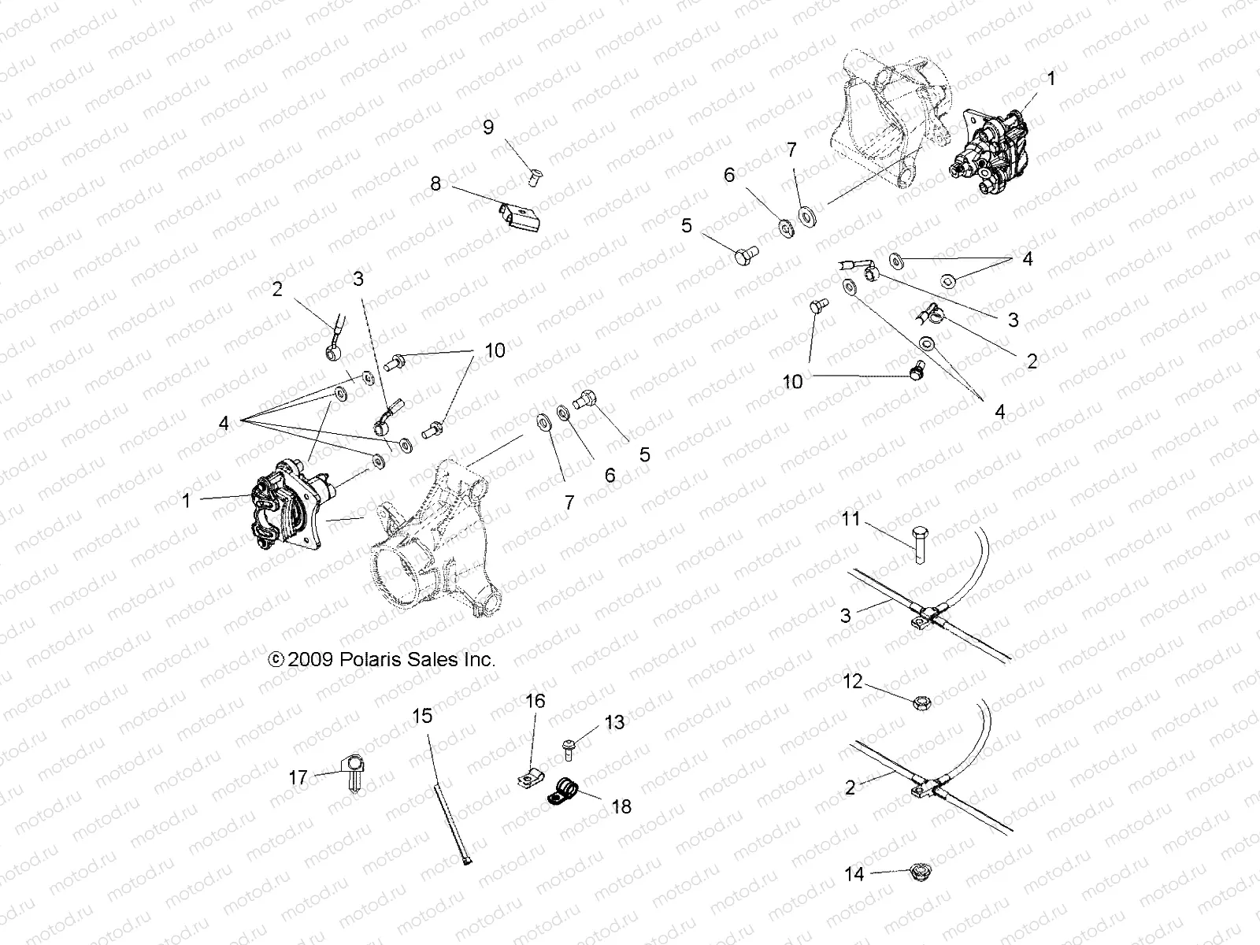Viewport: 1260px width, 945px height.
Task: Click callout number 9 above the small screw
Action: pos(488,127)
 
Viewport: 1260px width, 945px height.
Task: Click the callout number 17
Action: pos(298,778)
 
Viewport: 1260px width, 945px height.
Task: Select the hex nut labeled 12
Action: pos(918,702)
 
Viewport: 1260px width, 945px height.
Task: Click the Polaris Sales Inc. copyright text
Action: pos(382,660)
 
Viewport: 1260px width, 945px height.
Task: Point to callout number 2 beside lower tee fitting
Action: pos(850,787)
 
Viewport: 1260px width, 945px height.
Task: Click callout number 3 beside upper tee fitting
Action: pos(846,615)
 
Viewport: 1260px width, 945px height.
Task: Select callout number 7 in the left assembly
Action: pos(569,502)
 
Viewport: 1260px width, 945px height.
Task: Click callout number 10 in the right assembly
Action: pos(792,381)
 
